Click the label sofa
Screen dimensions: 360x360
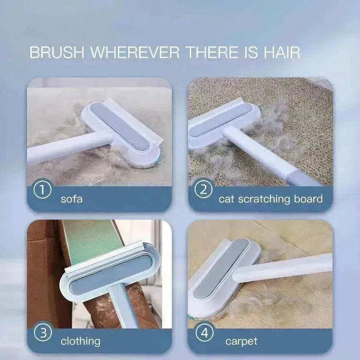72,198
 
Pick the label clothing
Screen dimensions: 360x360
80,341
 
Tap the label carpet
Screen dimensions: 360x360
242,341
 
